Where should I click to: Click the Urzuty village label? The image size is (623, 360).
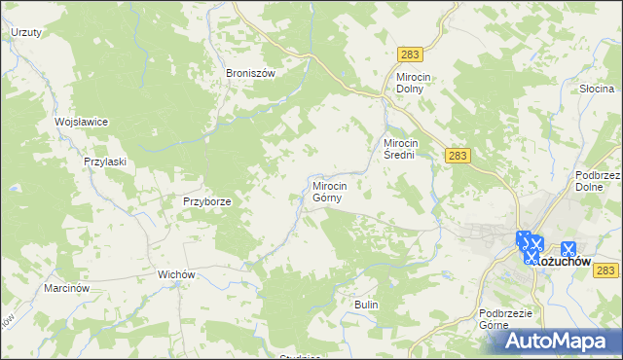click(x=25, y=32)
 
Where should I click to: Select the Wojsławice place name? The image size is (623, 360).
click(x=81, y=122)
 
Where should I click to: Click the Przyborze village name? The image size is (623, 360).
click(x=207, y=201)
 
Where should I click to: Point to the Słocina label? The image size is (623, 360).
click(x=596, y=89)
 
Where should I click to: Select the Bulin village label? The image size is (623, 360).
click(x=366, y=306)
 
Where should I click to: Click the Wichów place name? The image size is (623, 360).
click(x=178, y=275)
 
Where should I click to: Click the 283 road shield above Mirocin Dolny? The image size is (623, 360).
click(x=410, y=57)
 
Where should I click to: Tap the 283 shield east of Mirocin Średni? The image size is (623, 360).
click(x=458, y=155)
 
